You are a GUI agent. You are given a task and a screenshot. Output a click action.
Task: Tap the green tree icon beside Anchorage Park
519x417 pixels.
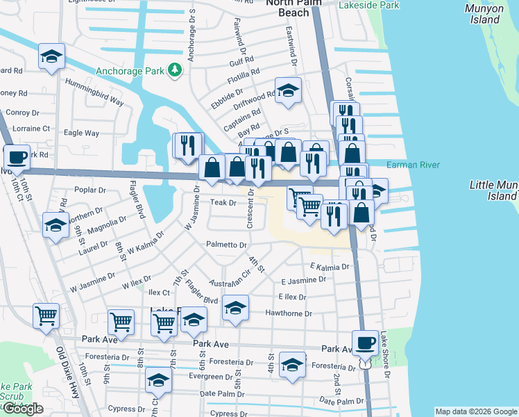pos(175,70)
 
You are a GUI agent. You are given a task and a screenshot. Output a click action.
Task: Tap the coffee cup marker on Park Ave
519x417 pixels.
pos(365,342)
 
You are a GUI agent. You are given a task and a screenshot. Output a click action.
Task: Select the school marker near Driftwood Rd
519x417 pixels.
pos(288,90)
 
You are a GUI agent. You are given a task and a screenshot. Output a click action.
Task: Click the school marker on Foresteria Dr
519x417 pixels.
pos(292,364)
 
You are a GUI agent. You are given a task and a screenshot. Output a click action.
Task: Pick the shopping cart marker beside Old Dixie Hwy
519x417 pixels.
pos(46,316)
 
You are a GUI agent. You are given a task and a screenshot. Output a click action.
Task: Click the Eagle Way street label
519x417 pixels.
pos(81,133)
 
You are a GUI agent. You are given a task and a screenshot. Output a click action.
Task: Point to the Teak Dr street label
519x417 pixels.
pos(223,203)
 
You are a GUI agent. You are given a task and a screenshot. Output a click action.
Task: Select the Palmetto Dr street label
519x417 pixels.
pos(227,245)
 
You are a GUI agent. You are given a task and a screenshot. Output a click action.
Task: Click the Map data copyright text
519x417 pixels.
pos(475,411)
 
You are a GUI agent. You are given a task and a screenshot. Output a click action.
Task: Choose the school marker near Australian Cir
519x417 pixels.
pos(235,308)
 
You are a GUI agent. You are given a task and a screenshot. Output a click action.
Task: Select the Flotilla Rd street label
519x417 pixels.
pos(246,72)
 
